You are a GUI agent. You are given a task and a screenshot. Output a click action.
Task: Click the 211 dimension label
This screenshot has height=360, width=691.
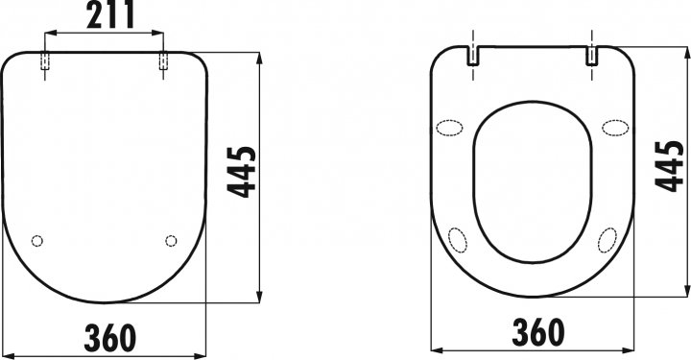[x=110, y=14]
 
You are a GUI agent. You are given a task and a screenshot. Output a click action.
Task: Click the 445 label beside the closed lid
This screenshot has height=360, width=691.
[x=241, y=172]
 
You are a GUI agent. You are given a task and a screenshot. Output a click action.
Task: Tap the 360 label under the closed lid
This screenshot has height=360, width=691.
[x=109, y=338]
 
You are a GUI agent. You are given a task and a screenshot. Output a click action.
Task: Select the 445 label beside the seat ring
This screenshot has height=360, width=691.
[x=669, y=166]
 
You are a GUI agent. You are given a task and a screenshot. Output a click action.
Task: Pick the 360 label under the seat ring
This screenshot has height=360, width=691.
[x=538, y=332]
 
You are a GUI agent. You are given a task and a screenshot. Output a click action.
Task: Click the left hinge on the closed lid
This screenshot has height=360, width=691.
[x=45, y=61]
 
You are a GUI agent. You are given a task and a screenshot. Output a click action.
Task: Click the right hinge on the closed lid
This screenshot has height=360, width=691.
[x=163, y=61]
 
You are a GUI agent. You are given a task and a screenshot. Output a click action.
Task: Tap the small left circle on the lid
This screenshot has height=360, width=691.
[x=37, y=241]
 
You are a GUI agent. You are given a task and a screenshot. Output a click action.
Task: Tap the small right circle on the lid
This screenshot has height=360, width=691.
[x=171, y=241]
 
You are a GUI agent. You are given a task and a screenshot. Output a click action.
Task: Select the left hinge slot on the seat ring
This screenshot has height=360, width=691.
[x=473, y=56]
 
